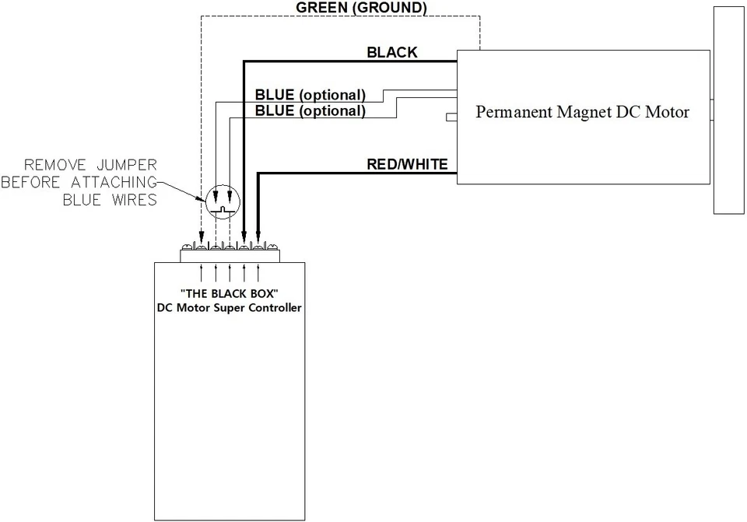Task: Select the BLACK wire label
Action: [392, 52]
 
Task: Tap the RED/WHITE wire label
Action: [407, 164]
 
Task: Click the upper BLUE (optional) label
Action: [310, 95]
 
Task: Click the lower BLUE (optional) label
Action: [310, 111]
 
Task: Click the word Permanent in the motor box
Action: [514, 112]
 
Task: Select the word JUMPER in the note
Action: [127, 165]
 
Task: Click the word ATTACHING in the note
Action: [114, 182]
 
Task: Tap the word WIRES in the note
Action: [135, 200]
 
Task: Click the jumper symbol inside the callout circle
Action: [223, 208]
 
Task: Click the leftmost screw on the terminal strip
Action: [188, 247]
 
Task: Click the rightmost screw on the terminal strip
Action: [272, 247]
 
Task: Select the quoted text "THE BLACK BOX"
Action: [230, 293]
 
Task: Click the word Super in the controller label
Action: [230, 307]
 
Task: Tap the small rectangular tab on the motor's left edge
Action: [451, 117]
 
